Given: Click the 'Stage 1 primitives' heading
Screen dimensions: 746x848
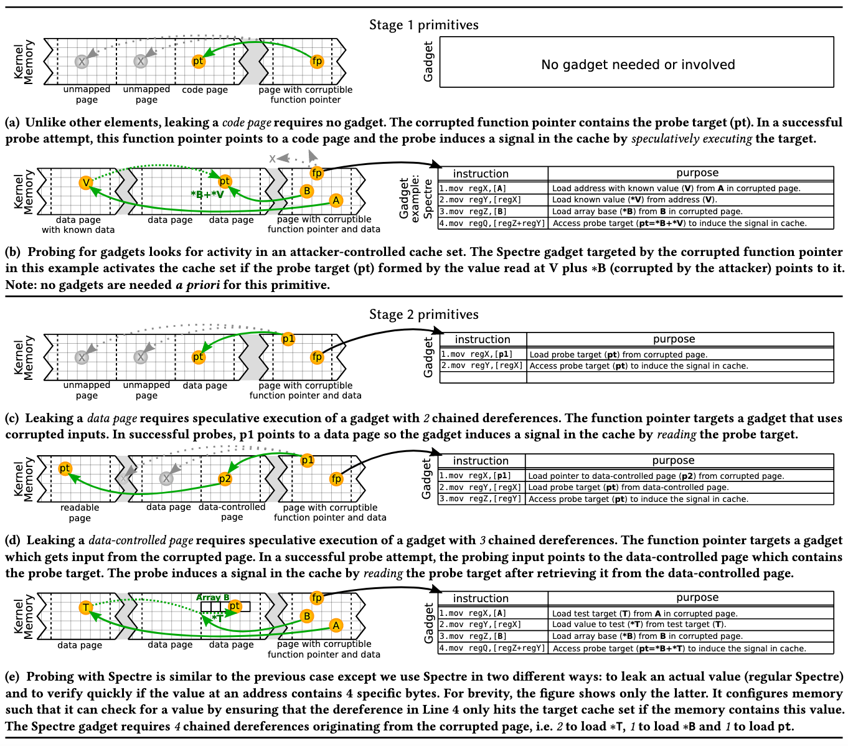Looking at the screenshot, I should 423,25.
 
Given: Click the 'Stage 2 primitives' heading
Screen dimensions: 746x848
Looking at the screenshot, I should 423,314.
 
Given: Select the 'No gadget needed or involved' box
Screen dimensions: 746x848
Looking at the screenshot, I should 637,65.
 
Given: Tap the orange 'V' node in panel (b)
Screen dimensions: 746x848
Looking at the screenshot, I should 86,182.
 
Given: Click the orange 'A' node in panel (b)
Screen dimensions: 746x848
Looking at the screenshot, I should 336,200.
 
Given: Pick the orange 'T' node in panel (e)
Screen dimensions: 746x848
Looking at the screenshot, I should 86,607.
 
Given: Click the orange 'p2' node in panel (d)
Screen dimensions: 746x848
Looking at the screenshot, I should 225,478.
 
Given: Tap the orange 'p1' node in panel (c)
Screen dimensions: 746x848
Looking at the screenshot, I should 288,339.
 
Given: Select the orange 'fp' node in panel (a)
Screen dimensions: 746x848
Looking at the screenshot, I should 317,61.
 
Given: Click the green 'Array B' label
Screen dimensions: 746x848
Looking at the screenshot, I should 213,597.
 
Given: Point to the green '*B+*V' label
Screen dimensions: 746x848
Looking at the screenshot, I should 207,195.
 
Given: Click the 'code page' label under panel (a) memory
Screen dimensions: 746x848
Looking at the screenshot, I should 205,90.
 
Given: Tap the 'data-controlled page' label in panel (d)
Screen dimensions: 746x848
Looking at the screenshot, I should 232,512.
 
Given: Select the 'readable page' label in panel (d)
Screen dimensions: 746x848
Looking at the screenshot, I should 80,512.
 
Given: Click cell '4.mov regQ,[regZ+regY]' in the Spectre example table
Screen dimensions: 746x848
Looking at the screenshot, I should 492,224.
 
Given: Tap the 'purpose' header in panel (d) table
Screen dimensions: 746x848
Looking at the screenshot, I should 673,460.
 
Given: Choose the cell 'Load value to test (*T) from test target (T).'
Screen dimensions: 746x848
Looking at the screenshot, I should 638,624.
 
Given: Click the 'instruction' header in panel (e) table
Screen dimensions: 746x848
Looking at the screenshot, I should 481,598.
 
